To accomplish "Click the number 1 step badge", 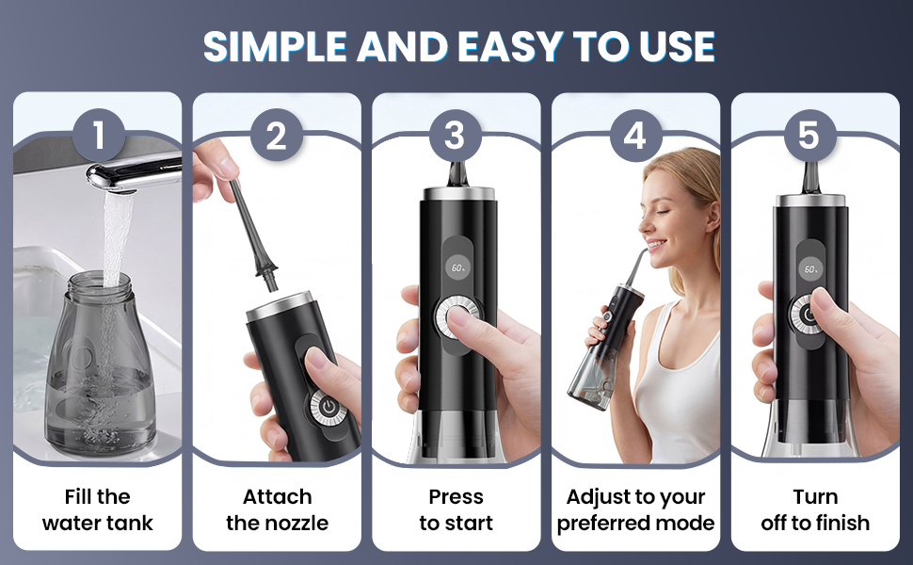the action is tap(99, 136).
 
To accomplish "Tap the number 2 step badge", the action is tap(277, 136).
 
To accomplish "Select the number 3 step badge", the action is tap(455, 136).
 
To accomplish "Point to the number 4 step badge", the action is tap(635, 136).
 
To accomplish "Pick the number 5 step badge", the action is tap(809, 136).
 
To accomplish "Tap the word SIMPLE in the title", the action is tap(275, 46).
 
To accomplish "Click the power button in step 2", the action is tap(328, 406).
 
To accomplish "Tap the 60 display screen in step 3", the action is tap(457, 268).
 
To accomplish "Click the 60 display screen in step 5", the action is tap(811, 268).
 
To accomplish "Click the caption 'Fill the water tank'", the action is tap(98, 509).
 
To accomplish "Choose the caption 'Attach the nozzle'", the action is tap(277, 509).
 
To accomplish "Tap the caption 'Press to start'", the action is tap(456, 509).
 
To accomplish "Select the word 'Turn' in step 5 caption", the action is tap(815, 497).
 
